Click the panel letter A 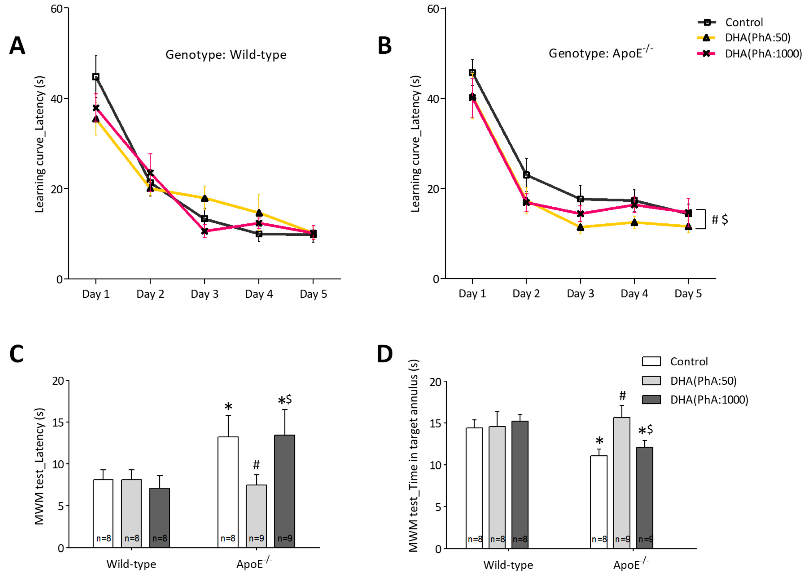point(17,46)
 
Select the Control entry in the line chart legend point(744,22)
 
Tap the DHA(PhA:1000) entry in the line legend point(763,54)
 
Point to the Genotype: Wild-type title point(226,55)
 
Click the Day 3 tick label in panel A point(204,294)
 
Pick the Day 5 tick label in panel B point(688,294)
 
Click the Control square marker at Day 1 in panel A point(96,77)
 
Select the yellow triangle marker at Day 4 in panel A point(259,213)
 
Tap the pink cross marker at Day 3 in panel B point(580,214)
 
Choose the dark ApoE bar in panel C point(284,491)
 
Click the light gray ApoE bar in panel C point(256,516)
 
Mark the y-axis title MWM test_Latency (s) point(39,466)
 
